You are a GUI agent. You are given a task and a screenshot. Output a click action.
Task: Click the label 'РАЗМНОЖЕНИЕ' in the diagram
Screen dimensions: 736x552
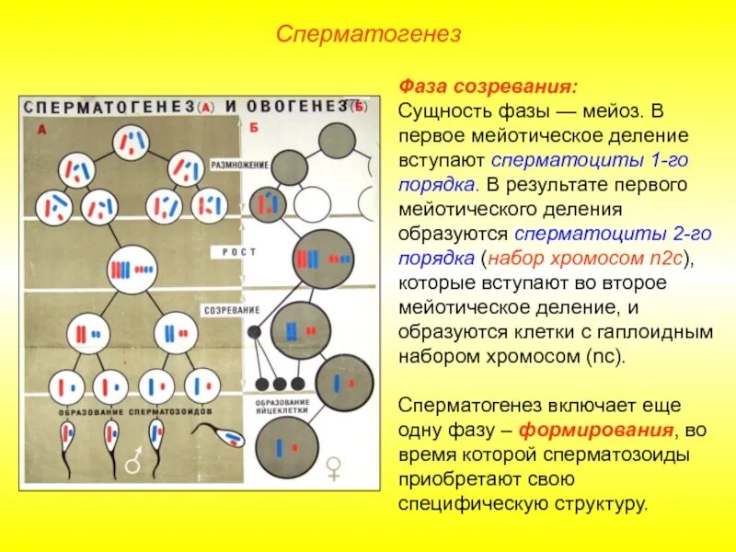pos(240,165)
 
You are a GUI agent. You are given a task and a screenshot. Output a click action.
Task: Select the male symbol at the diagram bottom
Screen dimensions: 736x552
pos(135,463)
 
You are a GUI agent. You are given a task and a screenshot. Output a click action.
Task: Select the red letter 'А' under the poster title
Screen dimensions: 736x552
pos(40,130)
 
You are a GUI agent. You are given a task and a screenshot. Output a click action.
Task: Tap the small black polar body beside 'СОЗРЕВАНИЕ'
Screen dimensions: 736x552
pos(255,329)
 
